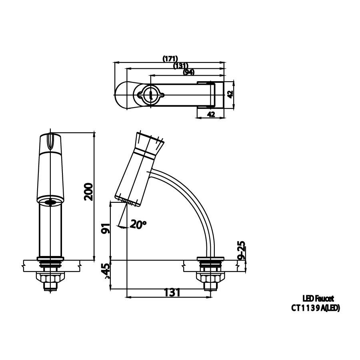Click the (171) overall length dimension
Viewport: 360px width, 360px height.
pos(170,58)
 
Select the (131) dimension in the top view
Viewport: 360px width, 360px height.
pos(181,65)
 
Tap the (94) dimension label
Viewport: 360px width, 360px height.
pos(189,72)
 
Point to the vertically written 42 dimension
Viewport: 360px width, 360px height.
pos(230,94)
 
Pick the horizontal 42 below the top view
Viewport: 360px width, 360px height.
pos(211,114)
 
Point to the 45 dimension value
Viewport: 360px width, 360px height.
pos(106,271)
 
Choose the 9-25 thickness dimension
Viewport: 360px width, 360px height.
pos(241,250)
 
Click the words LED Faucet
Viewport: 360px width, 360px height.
pos(318,298)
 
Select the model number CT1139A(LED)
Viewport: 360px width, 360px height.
pos(316,308)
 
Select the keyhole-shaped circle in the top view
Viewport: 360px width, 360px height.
pos(150,94)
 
